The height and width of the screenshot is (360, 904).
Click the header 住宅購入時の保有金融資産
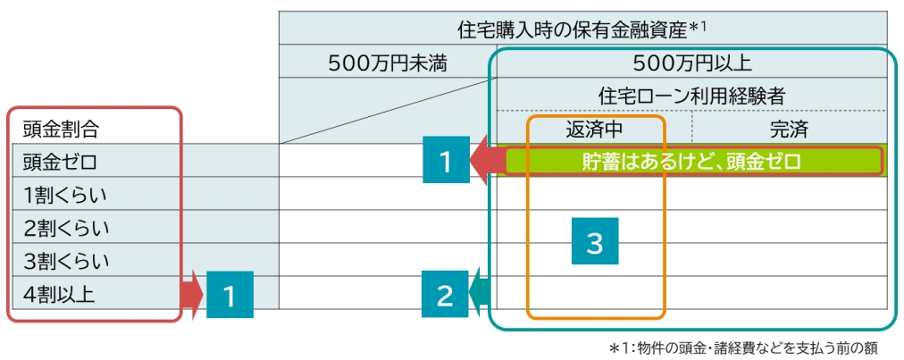(582, 29)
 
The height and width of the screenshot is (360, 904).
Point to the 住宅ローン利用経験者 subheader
(691, 96)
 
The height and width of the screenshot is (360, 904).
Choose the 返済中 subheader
(594, 129)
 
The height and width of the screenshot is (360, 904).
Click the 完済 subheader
(789, 129)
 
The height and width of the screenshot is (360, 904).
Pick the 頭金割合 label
(61, 129)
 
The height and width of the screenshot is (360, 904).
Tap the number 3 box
(594, 242)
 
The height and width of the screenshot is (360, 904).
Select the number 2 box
(445, 295)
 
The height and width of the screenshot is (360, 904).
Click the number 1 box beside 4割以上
(230, 295)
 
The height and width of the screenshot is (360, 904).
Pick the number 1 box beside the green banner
(445, 161)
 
